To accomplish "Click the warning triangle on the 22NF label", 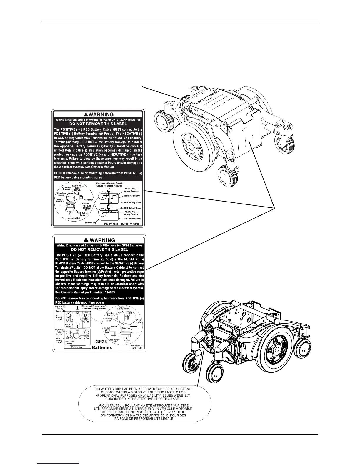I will coord(86,114).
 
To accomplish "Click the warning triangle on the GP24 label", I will coord(86,240).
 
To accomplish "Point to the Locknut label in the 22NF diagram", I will coord(89,200).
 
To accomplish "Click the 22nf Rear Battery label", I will coord(132,196).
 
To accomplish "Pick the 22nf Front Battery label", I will coord(132,219).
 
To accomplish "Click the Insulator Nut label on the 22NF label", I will coord(73,218).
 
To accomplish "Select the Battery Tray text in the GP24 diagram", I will coord(77,347).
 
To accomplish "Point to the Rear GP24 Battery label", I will coord(69,325).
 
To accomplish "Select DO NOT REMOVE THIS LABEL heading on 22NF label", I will coord(98,124).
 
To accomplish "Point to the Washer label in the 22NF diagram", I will coord(85,203).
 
